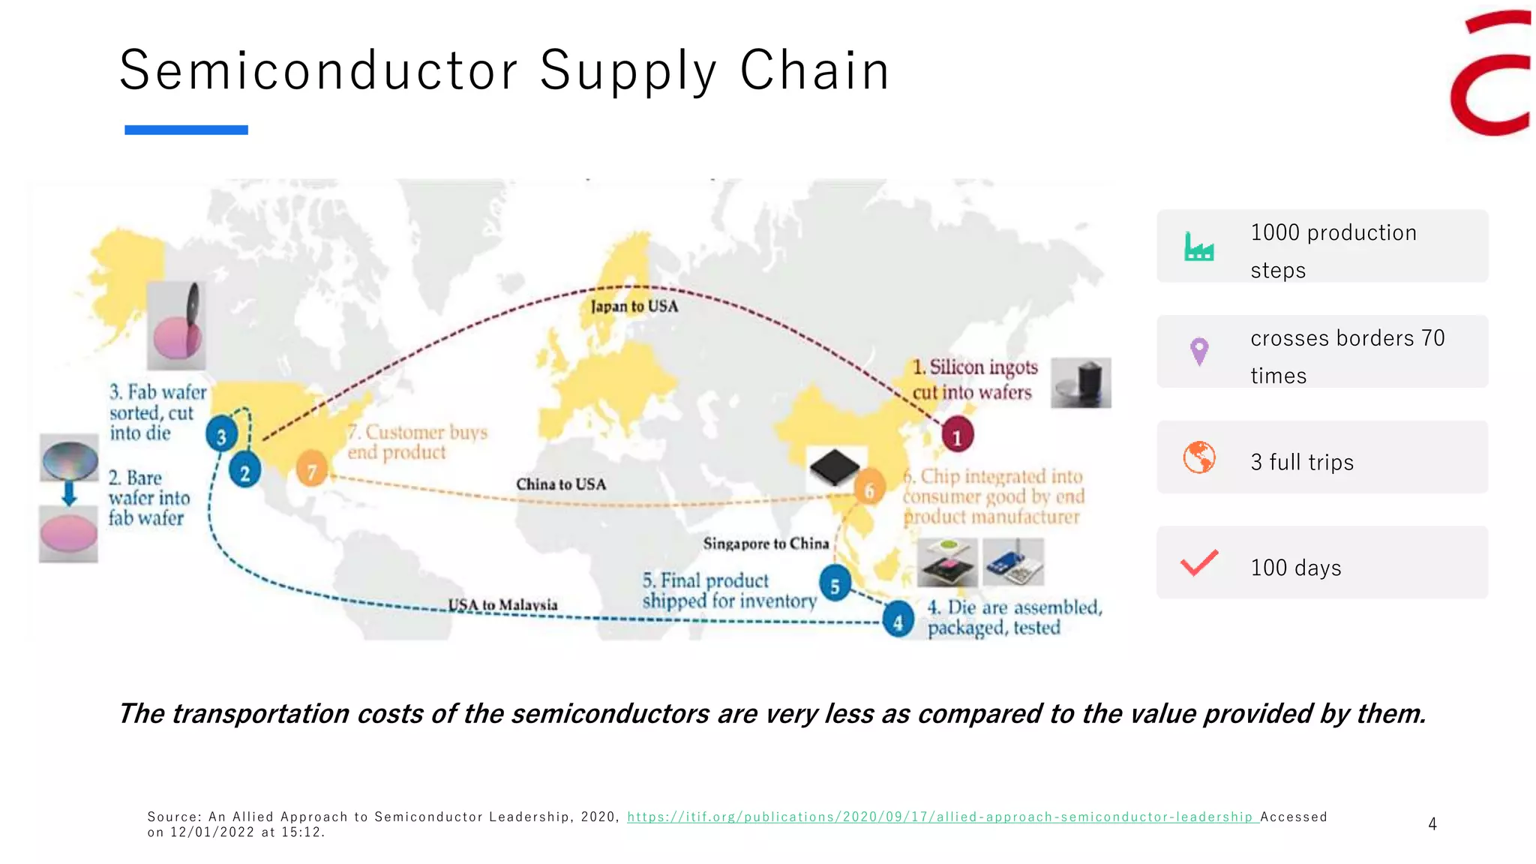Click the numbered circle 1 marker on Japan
pos(957,436)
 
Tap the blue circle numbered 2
pos(244,472)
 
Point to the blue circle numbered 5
pos(835,585)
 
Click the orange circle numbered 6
pos(869,490)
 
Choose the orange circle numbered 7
pos(312,470)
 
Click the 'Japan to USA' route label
pos(634,306)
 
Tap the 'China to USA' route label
pos(560,484)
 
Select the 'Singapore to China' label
pos(766,543)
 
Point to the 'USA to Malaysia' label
pos(502,604)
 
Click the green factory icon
pos(1198,247)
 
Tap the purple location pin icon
pos(1199,351)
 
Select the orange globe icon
pos(1199,457)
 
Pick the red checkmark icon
pos(1199,563)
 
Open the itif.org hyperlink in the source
pos(942,817)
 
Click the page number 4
pos(1432,824)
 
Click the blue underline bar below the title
pos(186,130)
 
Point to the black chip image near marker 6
pos(835,467)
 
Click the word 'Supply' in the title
pos(628,71)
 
